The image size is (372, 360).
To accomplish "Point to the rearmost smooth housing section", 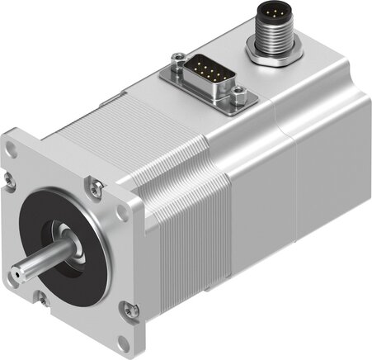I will click(x=326, y=165).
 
